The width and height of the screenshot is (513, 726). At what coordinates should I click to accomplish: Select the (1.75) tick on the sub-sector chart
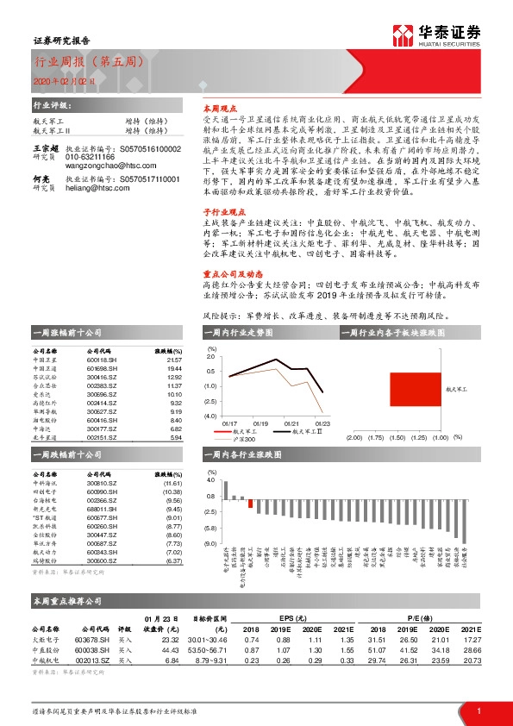375,438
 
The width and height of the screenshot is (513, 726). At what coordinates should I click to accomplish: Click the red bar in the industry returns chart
251,504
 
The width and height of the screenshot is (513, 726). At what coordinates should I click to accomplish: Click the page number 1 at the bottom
478,710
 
